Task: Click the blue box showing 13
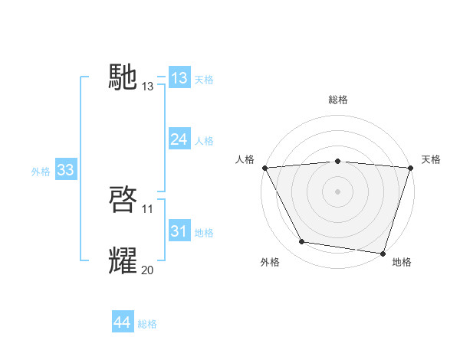(x=179, y=78)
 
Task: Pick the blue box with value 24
(x=179, y=139)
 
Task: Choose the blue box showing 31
(x=179, y=231)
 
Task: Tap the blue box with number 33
(x=65, y=171)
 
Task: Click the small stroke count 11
(x=148, y=209)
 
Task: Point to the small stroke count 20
(x=148, y=270)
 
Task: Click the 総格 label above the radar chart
(x=338, y=100)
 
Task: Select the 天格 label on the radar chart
(x=432, y=159)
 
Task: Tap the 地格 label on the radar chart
(x=402, y=263)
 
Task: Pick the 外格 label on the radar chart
(x=270, y=263)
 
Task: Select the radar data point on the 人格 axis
(x=264, y=168)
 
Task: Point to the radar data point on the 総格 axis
(x=338, y=161)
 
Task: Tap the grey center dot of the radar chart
(x=338, y=191)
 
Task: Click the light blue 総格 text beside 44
(x=147, y=324)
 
